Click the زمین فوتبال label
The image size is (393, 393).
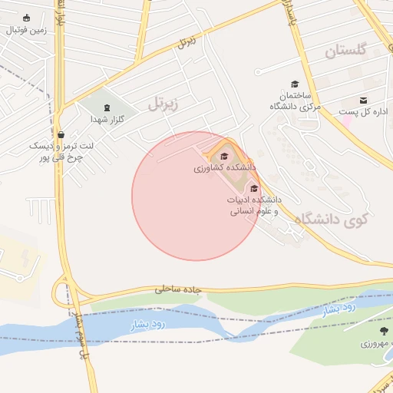point(26,30)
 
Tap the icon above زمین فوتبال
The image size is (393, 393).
point(27,18)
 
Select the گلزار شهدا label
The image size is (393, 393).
point(107,119)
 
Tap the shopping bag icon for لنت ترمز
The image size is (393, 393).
point(61,134)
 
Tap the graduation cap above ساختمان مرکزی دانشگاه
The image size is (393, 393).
point(294,84)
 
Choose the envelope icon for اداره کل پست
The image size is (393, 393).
point(363,100)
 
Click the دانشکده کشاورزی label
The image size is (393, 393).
point(224,167)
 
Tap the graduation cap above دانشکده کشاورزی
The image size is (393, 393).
point(224,157)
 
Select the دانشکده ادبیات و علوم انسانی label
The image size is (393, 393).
point(254,205)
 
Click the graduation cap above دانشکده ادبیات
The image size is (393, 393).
point(254,188)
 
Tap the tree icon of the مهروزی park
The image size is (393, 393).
point(363,331)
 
